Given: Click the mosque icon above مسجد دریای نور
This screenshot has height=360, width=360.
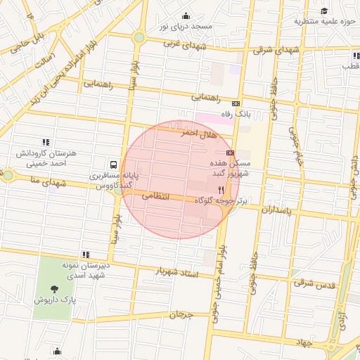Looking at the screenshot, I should pyautogui.click(x=186, y=16).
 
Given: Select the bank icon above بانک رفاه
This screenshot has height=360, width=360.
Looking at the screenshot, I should pyautogui.click(x=235, y=103).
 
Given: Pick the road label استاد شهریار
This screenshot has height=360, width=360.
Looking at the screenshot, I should pyautogui.click(x=174, y=271).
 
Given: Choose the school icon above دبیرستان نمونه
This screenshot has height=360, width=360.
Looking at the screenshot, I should pyautogui.click(x=85, y=255).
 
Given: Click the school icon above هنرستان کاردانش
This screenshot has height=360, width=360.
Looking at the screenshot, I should pyautogui.click(x=46, y=141).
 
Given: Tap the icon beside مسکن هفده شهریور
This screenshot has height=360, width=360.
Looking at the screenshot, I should pyautogui.click(x=230, y=153).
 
